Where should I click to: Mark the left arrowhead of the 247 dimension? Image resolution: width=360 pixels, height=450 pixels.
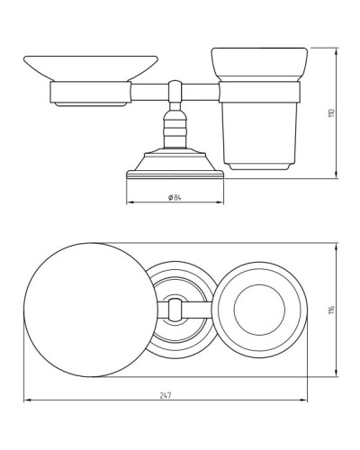tap(26, 400)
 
